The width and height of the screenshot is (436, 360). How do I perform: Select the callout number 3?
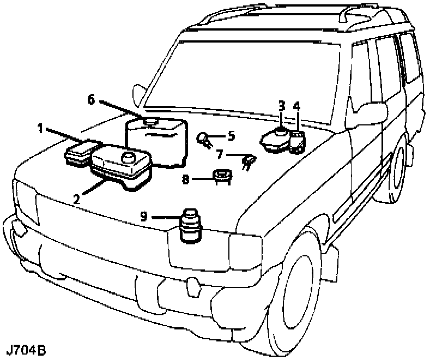tap(282, 105)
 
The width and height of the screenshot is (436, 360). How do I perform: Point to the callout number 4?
tap(296, 106)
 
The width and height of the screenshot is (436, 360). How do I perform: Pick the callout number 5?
tap(231, 135)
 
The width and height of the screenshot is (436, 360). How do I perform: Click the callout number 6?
tap(91, 99)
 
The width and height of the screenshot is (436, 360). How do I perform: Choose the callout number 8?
tap(186, 178)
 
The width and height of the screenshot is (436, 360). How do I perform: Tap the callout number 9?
tap(144, 217)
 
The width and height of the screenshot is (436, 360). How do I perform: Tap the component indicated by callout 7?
tap(248, 161)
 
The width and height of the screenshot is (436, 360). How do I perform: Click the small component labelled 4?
tap(298, 141)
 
